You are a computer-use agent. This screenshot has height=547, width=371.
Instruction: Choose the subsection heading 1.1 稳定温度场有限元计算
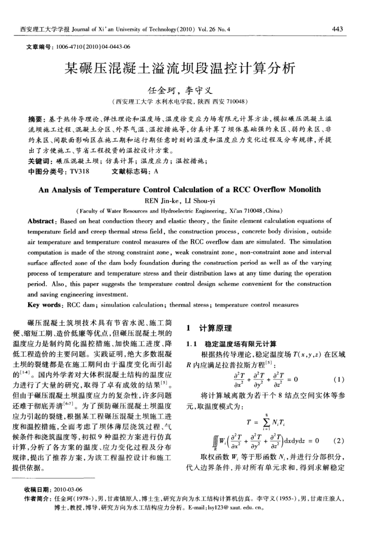(229, 344)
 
